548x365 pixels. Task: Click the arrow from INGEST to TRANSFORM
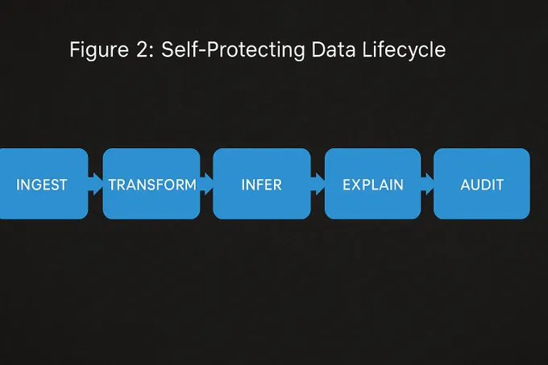96,184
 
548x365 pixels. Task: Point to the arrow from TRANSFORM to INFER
206,184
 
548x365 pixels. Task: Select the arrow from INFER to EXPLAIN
318,184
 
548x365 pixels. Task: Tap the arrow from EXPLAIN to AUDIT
427,184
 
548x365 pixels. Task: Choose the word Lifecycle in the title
402,49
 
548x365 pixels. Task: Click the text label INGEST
42,185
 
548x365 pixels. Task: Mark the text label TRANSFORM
152,185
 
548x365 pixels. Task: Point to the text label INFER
261,185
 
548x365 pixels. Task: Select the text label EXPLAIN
372,185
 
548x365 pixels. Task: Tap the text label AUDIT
482,185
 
